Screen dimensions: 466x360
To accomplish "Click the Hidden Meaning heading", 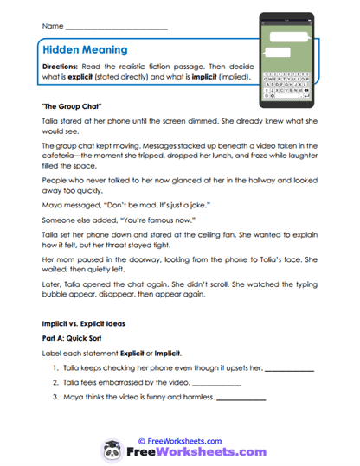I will [84, 50].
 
